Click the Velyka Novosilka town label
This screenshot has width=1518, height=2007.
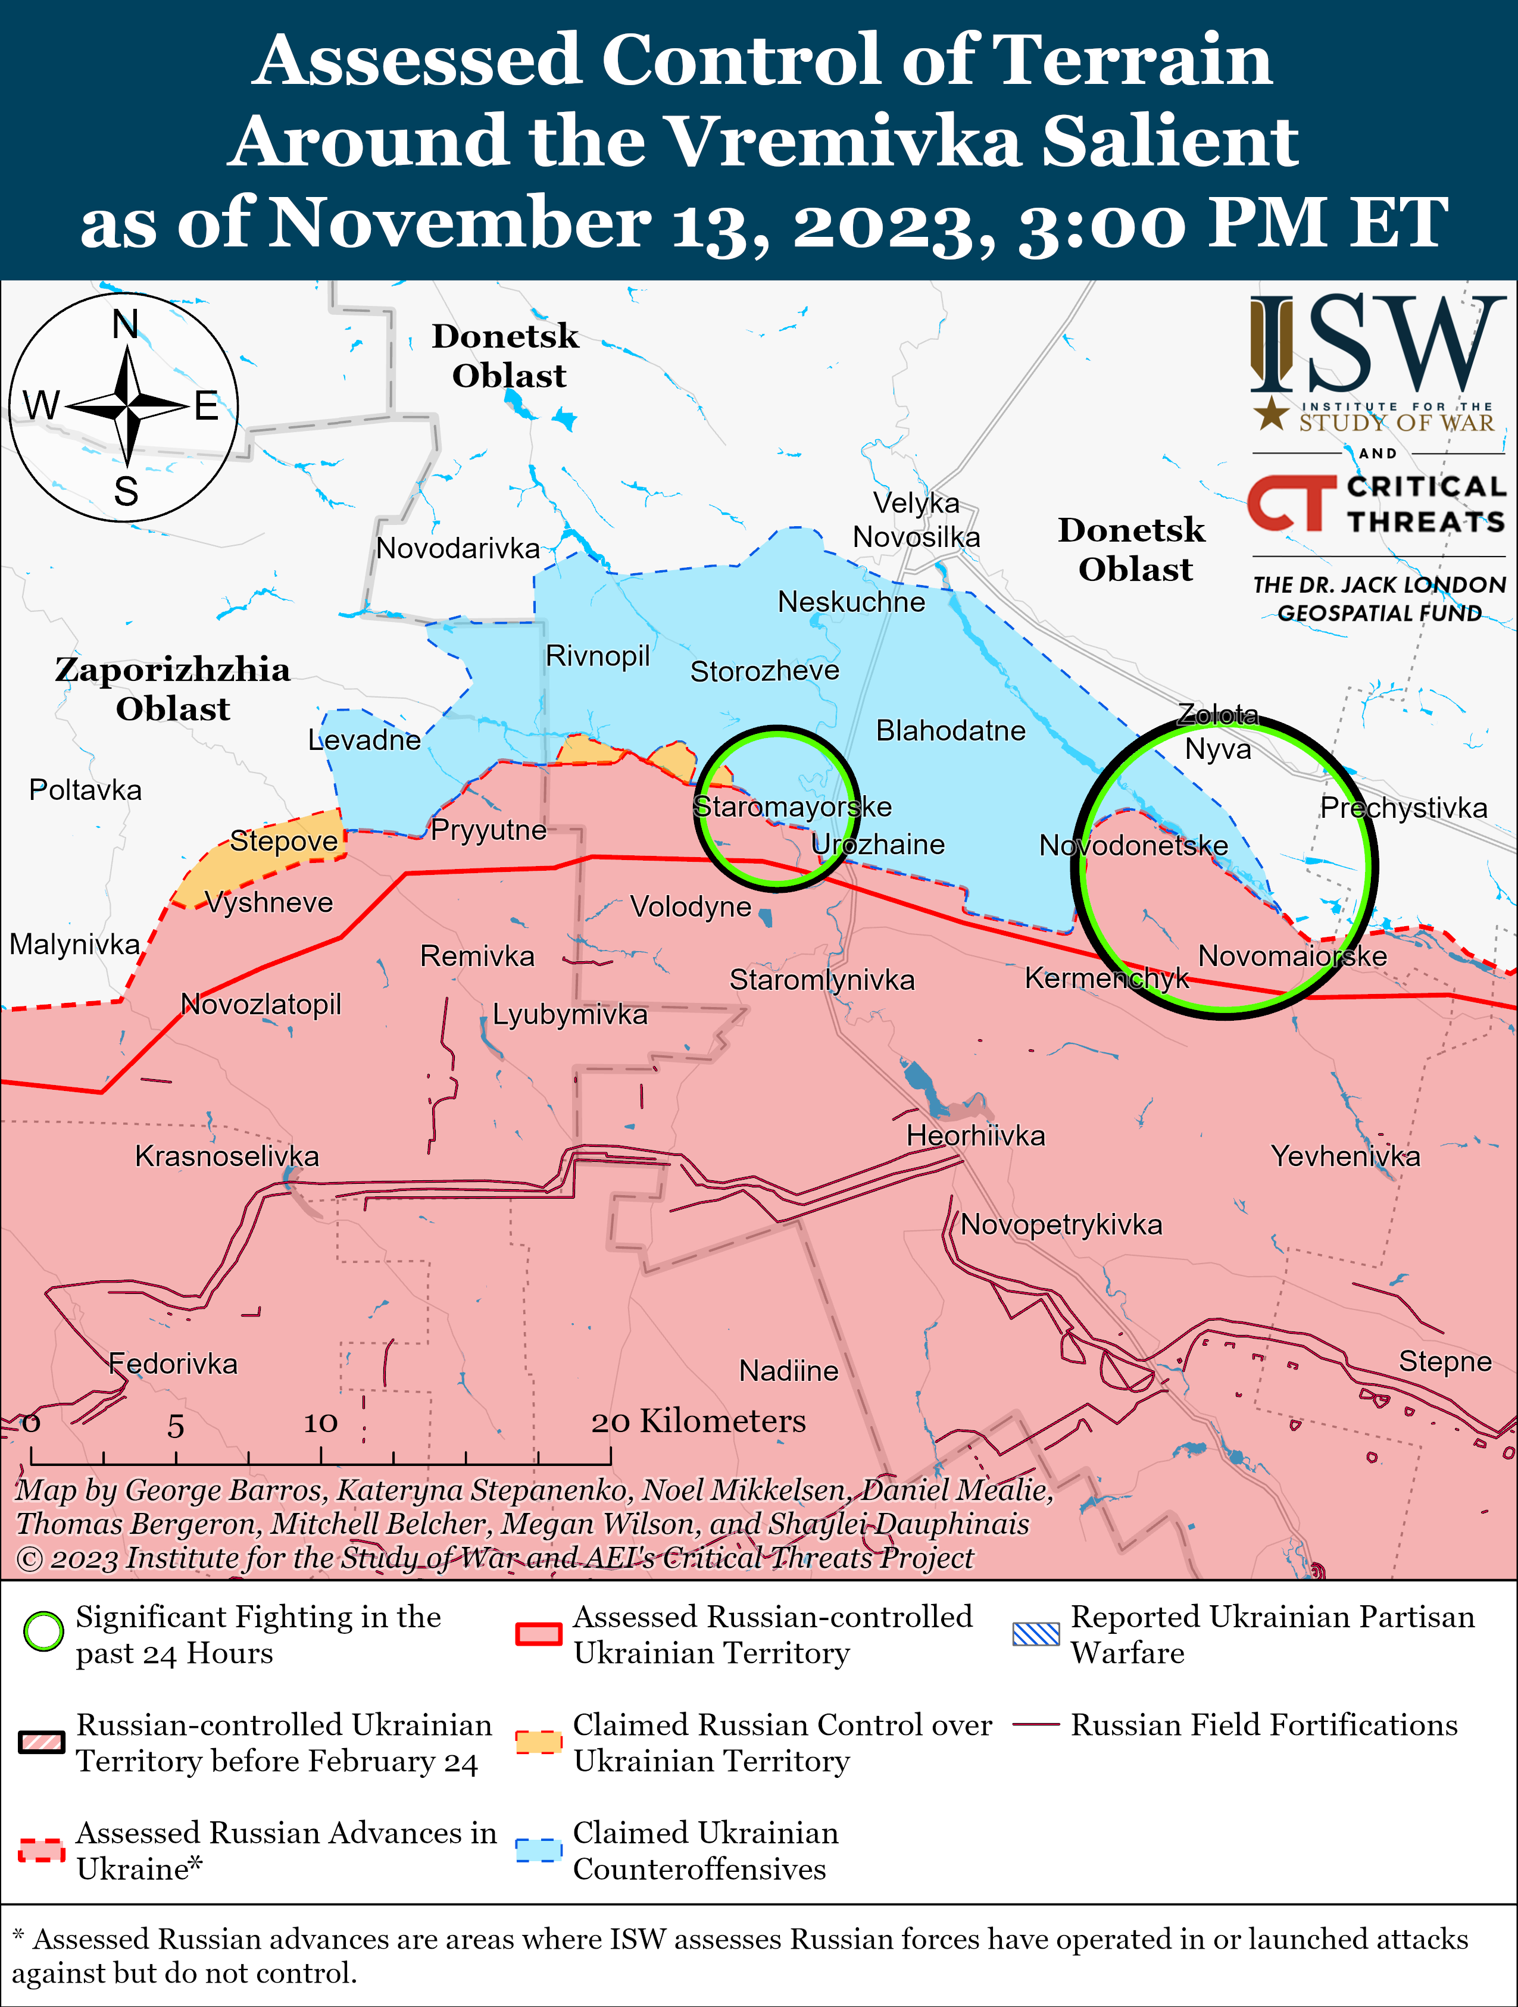(916, 520)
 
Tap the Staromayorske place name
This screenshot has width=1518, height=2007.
(792, 806)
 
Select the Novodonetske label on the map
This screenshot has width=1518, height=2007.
(1133, 846)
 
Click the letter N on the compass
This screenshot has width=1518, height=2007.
(125, 324)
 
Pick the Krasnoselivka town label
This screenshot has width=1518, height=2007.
(227, 1156)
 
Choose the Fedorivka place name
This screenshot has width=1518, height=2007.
(173, 1364)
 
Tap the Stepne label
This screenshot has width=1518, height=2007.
(1445, 1361)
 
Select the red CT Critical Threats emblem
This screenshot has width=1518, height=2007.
(1290, 503)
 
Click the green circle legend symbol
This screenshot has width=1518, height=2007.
(43, 1632)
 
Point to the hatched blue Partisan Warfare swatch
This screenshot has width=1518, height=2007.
(1035, 1634)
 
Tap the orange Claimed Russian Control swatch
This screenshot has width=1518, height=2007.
(538, 1742)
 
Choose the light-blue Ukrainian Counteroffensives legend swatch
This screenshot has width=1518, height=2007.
(538, 1850)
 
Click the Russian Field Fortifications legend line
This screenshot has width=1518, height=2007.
(1035, 1724)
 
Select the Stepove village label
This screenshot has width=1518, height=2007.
(283, 841)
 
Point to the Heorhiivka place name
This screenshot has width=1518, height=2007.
(976, 1136)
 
